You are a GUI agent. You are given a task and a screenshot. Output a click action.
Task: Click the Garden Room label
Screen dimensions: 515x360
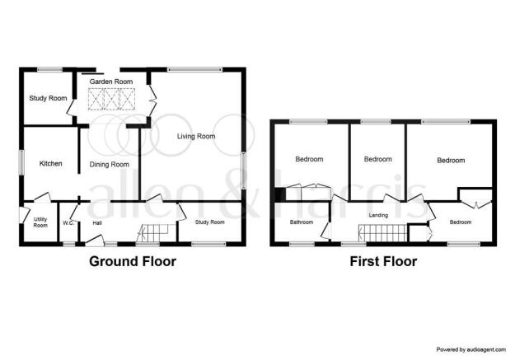111,82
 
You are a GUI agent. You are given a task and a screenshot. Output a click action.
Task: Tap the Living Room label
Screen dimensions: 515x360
196,136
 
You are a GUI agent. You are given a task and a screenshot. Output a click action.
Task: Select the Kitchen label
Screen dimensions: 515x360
50,163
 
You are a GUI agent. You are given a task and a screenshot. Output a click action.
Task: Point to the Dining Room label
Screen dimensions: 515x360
110,164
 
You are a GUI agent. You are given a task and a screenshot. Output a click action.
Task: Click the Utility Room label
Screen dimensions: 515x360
40,222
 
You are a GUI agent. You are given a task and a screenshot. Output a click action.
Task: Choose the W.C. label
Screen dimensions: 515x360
68,223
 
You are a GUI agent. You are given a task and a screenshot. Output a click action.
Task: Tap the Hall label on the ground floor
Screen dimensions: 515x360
97,223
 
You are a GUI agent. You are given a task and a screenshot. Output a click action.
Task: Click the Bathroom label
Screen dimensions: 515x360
302,222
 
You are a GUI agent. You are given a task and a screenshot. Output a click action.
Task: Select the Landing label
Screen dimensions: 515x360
378,215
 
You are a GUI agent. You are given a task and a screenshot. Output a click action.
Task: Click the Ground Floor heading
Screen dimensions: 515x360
133,261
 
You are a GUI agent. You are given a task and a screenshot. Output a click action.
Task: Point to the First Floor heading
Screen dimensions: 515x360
383,261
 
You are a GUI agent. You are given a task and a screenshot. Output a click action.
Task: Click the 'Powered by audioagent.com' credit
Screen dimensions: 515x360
471,349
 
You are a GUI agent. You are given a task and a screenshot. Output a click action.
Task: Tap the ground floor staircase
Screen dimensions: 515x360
152,233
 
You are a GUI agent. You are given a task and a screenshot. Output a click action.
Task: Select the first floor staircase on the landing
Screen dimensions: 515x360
383,233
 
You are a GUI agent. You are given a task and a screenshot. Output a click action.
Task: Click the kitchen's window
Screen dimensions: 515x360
21,162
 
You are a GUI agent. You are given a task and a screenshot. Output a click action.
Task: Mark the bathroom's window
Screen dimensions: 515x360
302,244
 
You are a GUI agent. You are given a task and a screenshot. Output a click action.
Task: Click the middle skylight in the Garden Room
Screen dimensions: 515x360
111,99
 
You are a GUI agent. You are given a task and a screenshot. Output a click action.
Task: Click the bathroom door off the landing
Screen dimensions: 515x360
325,230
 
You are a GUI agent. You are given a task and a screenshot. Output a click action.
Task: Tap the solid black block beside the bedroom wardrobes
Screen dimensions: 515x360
280,194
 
